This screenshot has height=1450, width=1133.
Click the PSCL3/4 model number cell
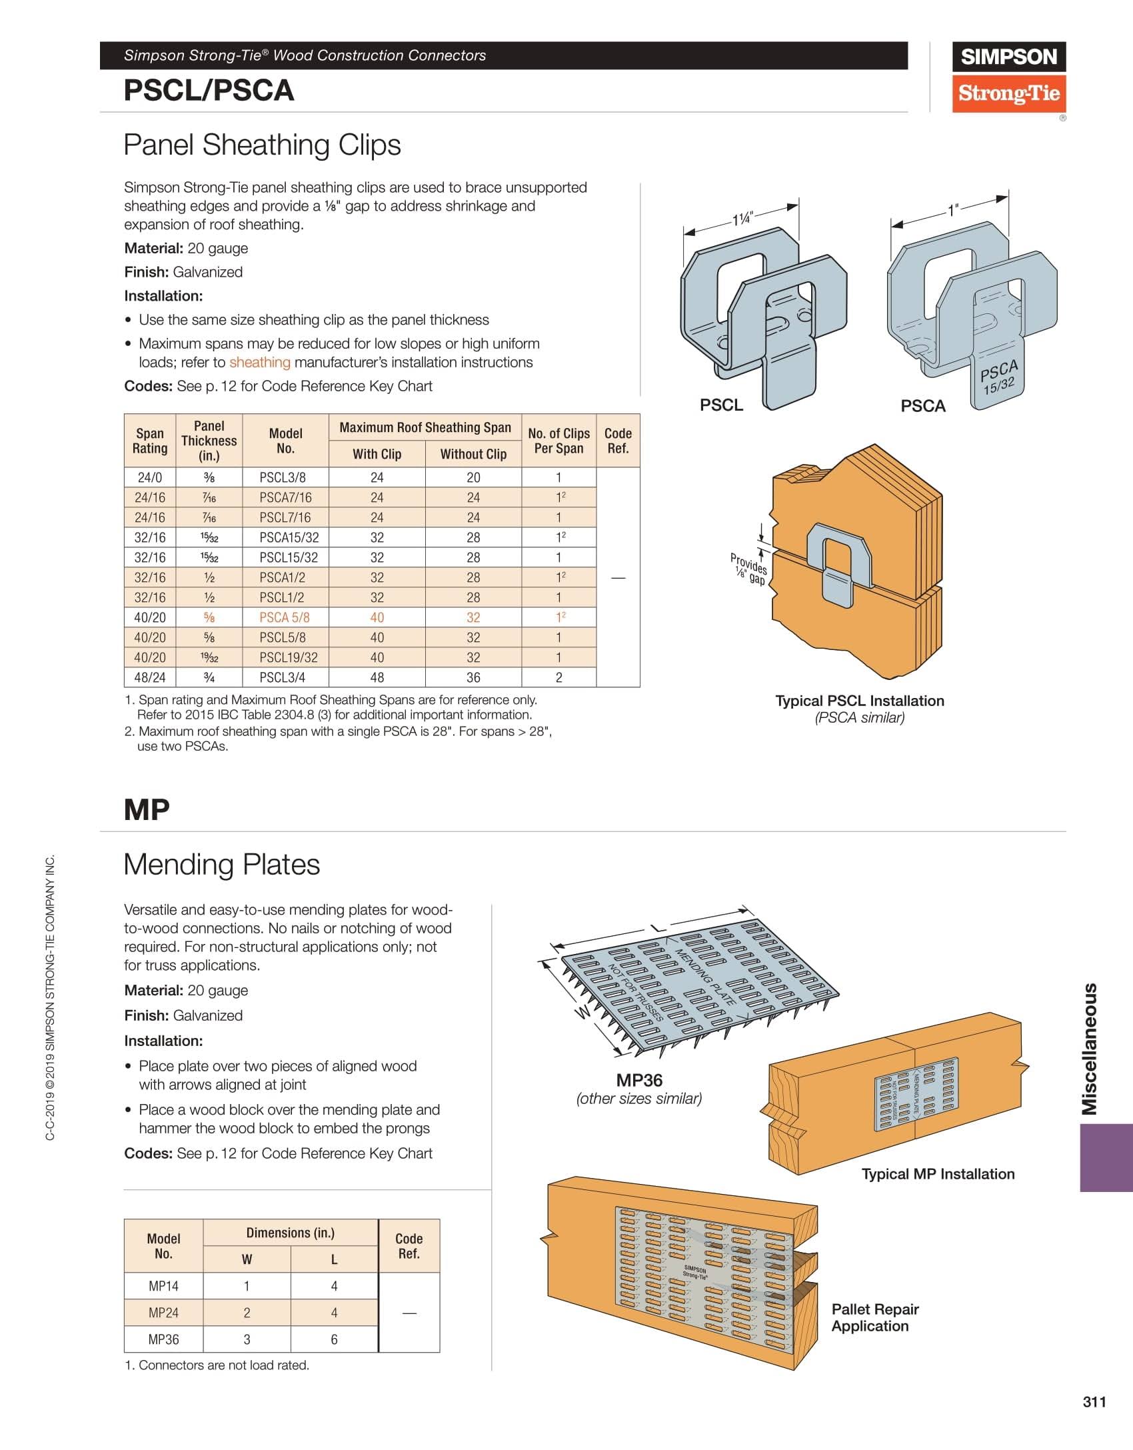[x=285, y=677]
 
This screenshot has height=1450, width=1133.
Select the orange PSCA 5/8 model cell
[x=285, y=617]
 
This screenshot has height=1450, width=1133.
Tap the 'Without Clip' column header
[x=473, y=454]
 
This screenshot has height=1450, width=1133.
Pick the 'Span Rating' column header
[x=150, y=441]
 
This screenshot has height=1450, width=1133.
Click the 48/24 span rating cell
[x=150, y=677]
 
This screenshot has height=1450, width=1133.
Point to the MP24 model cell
[x=163, y=1313]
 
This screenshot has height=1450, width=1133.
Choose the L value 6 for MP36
[x=334, y=1339]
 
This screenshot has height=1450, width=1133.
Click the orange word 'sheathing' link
[x=260, y=362]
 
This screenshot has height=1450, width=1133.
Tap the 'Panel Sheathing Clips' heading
[x=263, y=145]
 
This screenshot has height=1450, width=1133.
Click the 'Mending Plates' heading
[x=222, y=865]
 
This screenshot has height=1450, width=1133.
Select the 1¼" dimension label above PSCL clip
[x=742, y=219]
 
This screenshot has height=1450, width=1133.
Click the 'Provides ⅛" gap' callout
[x=749, y=569]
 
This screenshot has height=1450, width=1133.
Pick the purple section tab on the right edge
[x=1106, y=1157]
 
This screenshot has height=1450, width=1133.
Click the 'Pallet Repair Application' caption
[x=874, y=1317]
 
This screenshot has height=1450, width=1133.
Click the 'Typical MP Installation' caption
[x=938, y=1174]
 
